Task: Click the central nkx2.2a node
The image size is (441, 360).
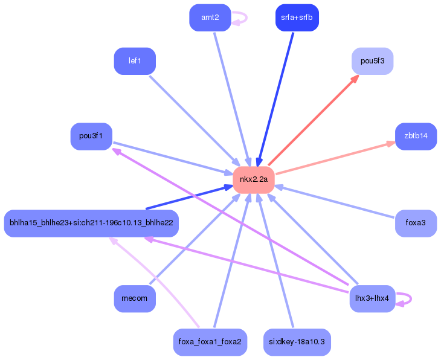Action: [254, 179]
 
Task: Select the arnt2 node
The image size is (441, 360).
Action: [210, 18]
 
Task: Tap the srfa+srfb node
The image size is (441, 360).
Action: [297, 18]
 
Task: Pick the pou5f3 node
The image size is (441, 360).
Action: [372, 61]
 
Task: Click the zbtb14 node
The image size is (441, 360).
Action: [416, 136]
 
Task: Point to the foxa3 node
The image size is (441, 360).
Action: [416, 223]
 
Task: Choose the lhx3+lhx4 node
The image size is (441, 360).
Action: [372, 298]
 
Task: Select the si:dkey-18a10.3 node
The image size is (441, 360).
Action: [297, 342]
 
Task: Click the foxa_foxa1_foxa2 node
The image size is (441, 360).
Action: [210, 342]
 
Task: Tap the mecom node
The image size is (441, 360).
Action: [135, 298]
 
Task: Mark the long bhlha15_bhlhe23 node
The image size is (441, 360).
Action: [91, 223]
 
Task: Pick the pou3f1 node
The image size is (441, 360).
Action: [91, 136]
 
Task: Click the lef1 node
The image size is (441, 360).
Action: [135, 61]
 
